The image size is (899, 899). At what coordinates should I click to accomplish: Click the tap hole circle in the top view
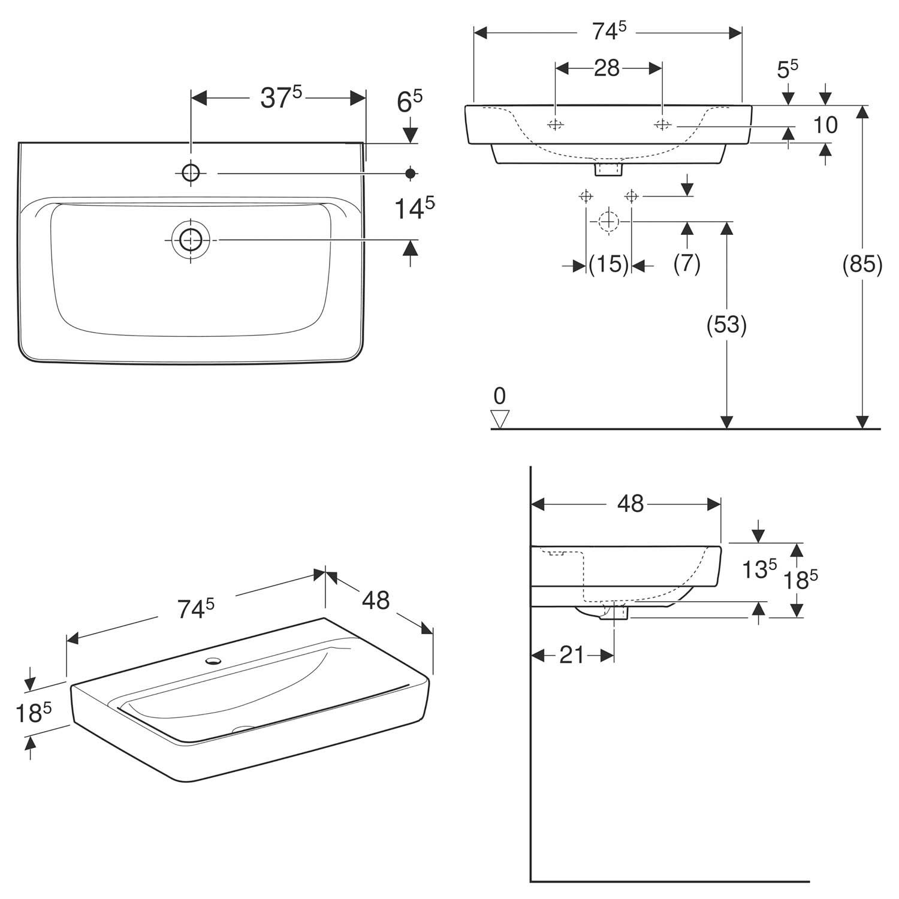click(191, 173)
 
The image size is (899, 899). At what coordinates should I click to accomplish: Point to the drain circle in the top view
click(191, 240)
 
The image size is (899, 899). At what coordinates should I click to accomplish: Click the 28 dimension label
click(607, 68)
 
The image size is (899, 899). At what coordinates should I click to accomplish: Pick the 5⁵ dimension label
click(788, 69)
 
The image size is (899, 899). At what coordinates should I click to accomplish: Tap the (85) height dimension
click(862, 264)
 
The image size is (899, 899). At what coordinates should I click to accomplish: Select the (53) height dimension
click(726, 324)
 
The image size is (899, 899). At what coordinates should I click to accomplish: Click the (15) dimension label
click(609, 264)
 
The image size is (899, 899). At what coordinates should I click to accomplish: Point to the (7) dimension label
click(687, 264)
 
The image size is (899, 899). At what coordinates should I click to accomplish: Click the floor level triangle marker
click(499, 419)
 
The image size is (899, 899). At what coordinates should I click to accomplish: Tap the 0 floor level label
click(500, 396)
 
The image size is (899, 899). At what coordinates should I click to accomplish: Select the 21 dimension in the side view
click(572, 655)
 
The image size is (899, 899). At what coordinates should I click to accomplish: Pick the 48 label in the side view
click(630, 504)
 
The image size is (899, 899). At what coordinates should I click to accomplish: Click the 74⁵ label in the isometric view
click(195, 609)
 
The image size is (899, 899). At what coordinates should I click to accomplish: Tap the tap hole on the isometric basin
click(212, 662)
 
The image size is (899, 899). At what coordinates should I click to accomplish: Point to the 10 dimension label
click(825, 125)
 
